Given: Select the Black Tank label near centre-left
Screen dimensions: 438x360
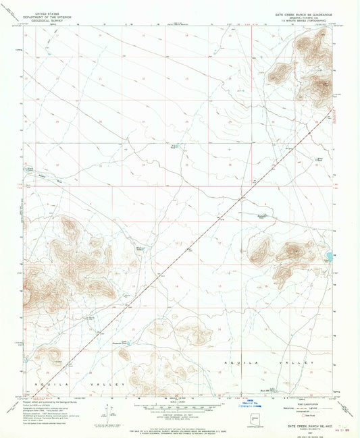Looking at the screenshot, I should pyautogui.click(x=140, y=248).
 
